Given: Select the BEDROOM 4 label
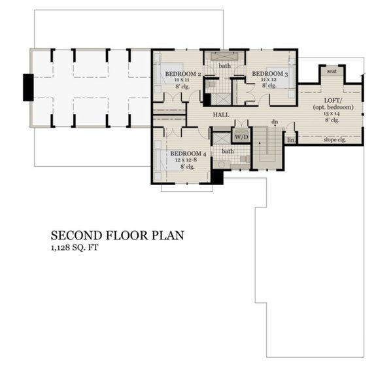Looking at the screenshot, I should click(x=188, y=154).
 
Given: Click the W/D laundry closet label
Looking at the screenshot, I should click(x=241, y=137).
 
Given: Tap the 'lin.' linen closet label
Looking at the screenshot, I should click(x=291, y=139).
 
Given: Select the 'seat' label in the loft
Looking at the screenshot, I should click(x=332, y=71).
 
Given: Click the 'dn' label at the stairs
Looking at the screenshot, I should click(x=275, y=122).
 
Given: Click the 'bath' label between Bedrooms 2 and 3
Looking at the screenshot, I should click(x=224, y=65).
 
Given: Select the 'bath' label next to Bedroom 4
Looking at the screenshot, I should click(x=228, y=151).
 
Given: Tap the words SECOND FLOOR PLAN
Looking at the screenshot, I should click(x=118, y=235).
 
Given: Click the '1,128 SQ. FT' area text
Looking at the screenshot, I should click(x=77, y=248).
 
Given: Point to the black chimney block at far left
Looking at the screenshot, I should click(x=28, y=88).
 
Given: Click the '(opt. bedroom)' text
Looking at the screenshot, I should click(x=334, y=107).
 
